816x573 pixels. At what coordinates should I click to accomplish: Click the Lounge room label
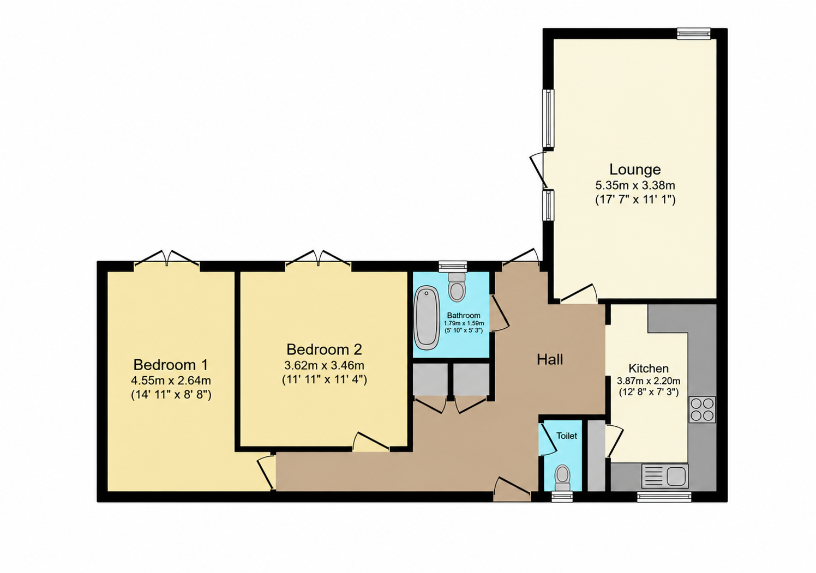(635, 170)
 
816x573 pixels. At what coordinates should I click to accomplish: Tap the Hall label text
(550, 360)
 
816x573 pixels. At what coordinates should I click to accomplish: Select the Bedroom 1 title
(171, 364)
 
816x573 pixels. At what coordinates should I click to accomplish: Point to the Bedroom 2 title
(324, 349)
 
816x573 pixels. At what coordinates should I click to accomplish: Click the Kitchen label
(649, 369)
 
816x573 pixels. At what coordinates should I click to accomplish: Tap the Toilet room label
(567, 436)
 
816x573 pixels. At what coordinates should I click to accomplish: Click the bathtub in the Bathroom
(427, 318)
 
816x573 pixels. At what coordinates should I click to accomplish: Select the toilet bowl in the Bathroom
(457, 287)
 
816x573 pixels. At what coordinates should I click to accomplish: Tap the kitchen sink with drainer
(665, 476)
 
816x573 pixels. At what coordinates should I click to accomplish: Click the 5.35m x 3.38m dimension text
(635, 186)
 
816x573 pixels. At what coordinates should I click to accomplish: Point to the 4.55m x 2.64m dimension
(171, 381)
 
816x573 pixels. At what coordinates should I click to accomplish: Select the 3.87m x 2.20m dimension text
(649, 381)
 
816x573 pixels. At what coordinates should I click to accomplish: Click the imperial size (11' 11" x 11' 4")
(324, 379)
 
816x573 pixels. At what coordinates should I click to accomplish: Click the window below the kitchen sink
(664, 497)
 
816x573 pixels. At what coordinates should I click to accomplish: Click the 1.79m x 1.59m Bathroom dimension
(464, 323)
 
